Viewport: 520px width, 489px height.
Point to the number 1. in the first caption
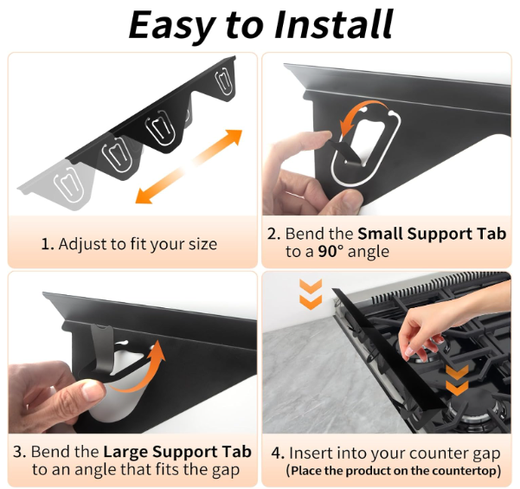click(48, 244)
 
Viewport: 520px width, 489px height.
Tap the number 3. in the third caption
click(20, 452)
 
